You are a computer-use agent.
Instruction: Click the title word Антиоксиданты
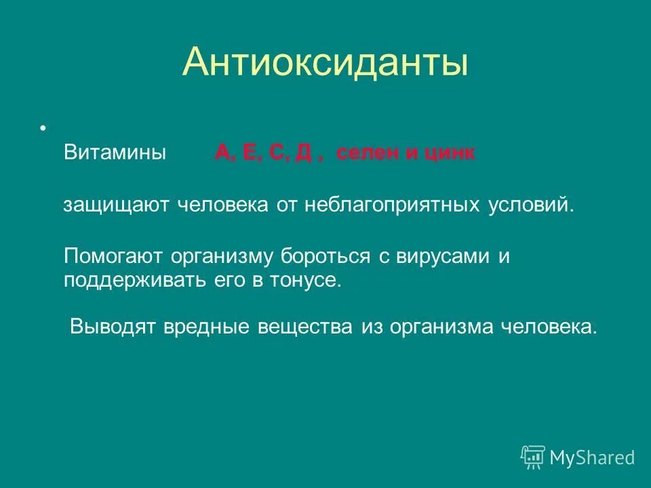tap(325, 62)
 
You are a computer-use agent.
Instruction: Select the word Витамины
tap(115, 152)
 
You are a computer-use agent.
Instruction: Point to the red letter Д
tap(302, 152)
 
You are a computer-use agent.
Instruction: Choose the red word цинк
tap(450, 152)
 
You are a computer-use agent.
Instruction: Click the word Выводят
tap(113, 327)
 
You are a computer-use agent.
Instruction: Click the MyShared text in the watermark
tap(592, 457)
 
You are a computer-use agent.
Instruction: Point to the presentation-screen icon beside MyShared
tap(533, 457)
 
